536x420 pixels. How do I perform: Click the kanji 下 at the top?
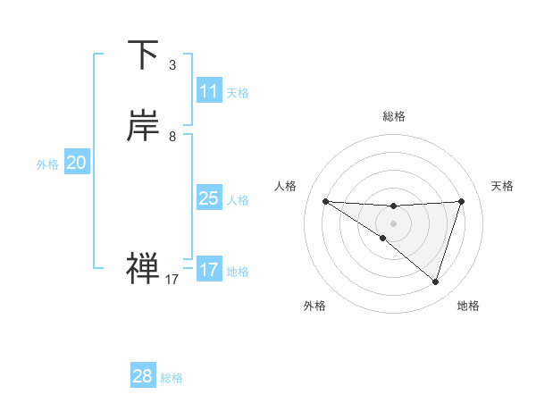coord(143,55)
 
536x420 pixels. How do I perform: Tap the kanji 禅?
coord(143,268)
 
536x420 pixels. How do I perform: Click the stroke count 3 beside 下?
coord(172,65)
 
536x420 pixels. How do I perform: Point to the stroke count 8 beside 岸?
coord(172,137)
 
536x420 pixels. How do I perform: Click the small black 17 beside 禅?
coord(172,280)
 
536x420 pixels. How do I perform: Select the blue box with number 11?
coord(209,91)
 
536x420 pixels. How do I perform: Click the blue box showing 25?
coord(209,198)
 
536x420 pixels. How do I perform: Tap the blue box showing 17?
coord(209,270)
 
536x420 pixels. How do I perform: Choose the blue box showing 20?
coord(77,163)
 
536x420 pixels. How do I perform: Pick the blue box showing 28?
coord(143,376)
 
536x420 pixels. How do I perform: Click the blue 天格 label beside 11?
coord(238,93)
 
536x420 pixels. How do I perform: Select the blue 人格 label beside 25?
coord(238,200)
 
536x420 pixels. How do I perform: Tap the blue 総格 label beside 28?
coord(172,378)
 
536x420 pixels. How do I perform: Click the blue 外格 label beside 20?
coord(47,164)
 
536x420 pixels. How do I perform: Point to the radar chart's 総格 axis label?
coord(393,116)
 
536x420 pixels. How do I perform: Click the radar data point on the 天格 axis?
coord(461,201)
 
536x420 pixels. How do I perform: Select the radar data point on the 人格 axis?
coord(325,201)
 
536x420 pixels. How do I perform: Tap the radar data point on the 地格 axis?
coord(435,281)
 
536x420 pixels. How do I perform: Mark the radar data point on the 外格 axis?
coord(382,239)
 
